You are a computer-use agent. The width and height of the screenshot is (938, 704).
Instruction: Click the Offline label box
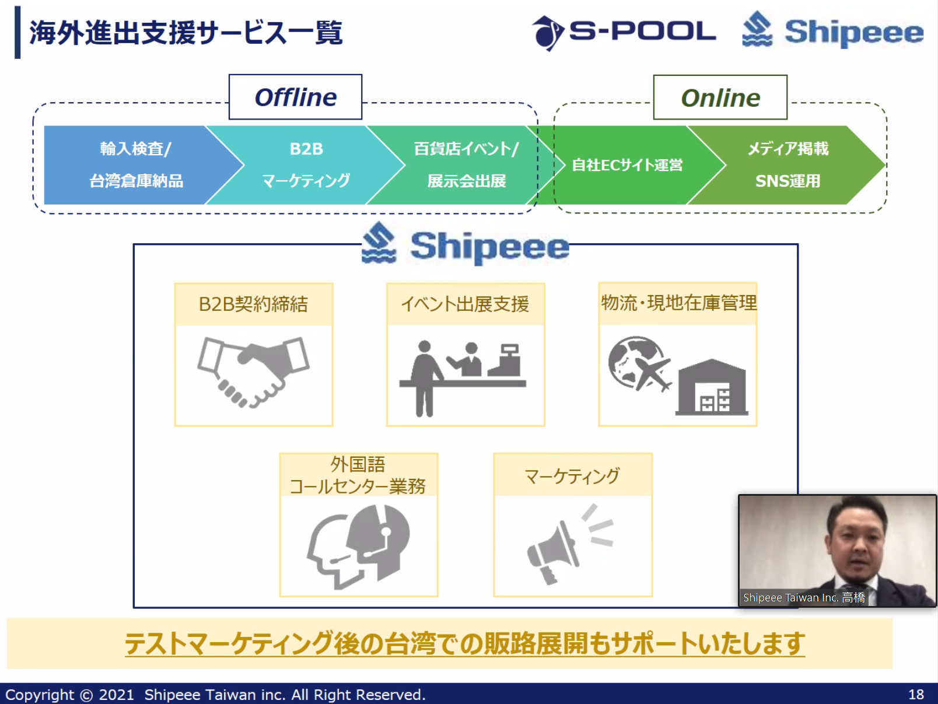[295, 97]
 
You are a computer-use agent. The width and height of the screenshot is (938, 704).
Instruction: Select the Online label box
[720, 98]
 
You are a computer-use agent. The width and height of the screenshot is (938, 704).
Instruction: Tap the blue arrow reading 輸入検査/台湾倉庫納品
[136, 165]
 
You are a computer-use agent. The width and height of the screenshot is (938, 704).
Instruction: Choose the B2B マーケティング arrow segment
[306, 165]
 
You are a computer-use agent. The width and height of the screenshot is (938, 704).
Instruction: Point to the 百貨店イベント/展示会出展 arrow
[466, 165]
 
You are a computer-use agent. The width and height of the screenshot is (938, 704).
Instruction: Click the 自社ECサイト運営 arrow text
[627, 165]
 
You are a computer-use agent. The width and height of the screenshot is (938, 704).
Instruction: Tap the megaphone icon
[570, 544]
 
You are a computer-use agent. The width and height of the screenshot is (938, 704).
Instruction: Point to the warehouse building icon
[712, 387]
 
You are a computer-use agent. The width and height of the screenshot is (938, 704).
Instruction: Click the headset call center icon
[359, 547]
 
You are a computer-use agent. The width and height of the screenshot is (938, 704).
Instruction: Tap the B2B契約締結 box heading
[253, 304]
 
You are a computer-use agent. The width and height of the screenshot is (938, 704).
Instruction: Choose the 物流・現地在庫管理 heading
[678, 303]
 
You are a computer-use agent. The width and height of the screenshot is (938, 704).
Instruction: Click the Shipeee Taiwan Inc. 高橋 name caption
[804, 597]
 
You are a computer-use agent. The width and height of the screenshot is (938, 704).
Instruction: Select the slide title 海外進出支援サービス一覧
[185, 33]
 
